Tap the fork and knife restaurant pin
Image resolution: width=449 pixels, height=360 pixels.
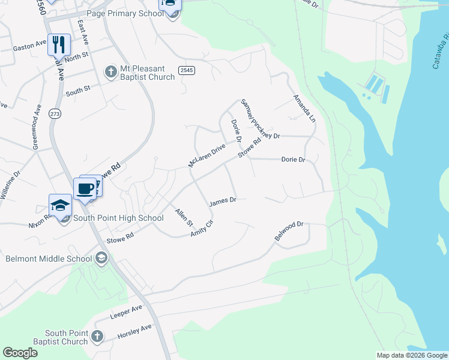[x=59, y=44]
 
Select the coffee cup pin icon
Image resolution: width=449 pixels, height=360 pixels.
[x=85, y=188]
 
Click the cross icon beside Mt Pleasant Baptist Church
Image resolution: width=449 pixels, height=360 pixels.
[x=110, y=72]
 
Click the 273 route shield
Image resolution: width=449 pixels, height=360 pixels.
[x=55, y=114]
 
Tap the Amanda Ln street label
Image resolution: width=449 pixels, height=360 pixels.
[x=304, y=107]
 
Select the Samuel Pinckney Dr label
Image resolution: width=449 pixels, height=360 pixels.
[x=261, y=119]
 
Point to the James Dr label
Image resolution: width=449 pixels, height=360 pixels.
[x=223, y=201]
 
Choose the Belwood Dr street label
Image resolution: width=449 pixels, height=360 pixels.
[x=290, y=231]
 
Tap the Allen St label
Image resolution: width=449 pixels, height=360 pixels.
[x=183, y=217]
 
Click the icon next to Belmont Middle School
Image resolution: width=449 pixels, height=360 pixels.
[x=101, y=259]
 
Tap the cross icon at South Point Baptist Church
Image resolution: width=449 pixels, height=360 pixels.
[x=98, y=337]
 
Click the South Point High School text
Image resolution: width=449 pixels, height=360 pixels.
[x=118, y=218]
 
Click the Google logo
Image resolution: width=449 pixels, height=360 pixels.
[x=20, y=353]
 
